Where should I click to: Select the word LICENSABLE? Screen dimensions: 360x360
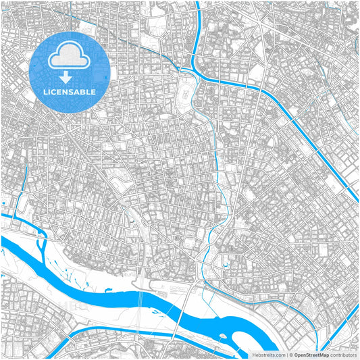(x=70, y=91)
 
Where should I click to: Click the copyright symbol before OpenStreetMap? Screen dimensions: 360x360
(x=292, y=354)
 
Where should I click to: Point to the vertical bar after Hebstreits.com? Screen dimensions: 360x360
(x=286, y=354)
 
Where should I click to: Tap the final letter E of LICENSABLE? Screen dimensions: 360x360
(x=93, y=91)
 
